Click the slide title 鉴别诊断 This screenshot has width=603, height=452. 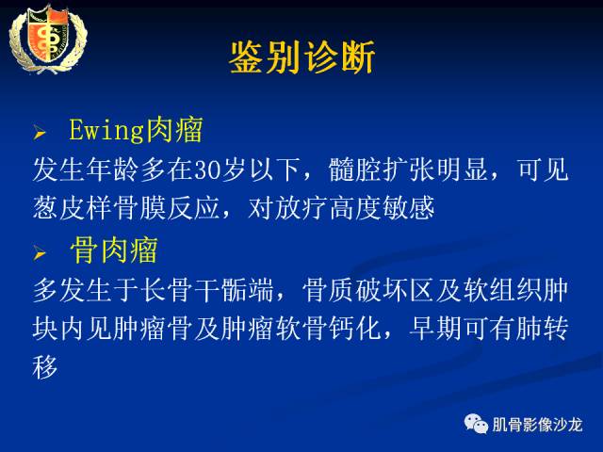(x=301, y=58)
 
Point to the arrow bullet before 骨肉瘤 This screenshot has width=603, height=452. (x=40, y=253)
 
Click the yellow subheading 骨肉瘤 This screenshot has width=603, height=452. (x=113, y=251)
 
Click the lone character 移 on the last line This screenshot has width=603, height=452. (x=46, y=367)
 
